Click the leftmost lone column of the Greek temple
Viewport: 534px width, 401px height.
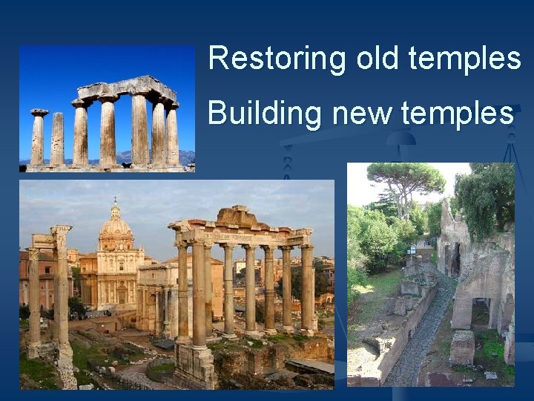tap(38, 137)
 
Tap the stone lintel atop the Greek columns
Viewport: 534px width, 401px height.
tap(126, 88)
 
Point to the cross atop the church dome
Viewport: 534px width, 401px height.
tap(115, 200)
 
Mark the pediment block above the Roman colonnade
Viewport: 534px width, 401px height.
tap(238, 217)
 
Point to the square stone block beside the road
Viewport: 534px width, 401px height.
tap(461, 348)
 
